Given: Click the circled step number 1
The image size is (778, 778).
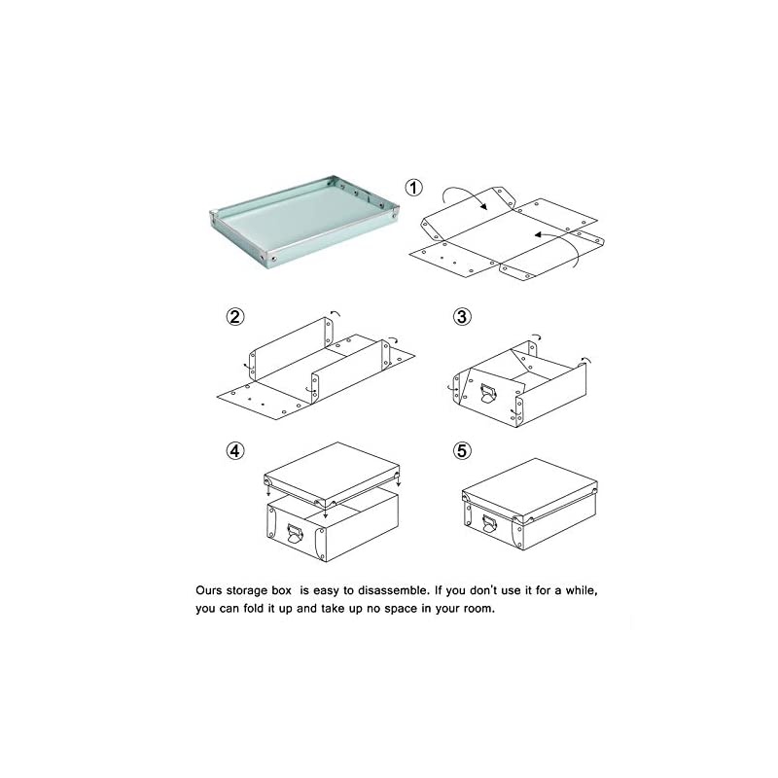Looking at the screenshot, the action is (x=414, y=188).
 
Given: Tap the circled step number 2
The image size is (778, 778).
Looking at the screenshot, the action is (x=235, y=317).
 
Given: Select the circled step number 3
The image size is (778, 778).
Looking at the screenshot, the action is (x=462, y=317).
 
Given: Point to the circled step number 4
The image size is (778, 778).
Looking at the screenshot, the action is (x=235, y=451).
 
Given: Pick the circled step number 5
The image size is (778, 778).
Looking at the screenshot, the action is (x=462, y=451).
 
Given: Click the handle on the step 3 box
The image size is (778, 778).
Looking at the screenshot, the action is (x=488, y=394).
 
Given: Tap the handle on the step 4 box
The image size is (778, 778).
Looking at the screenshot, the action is (x=294, y=534).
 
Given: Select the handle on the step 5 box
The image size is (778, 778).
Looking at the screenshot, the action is (x=489, y=524).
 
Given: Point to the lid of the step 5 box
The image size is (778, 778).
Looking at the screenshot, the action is (x=529, y=490).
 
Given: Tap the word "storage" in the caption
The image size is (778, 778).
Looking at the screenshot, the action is (x=247, y=590).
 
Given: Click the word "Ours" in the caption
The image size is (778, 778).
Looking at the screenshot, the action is (x=209, y=590).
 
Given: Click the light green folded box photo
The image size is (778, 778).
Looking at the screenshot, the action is (x=304, y=221).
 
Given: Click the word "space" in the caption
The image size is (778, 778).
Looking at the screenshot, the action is (x=400, y=610).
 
